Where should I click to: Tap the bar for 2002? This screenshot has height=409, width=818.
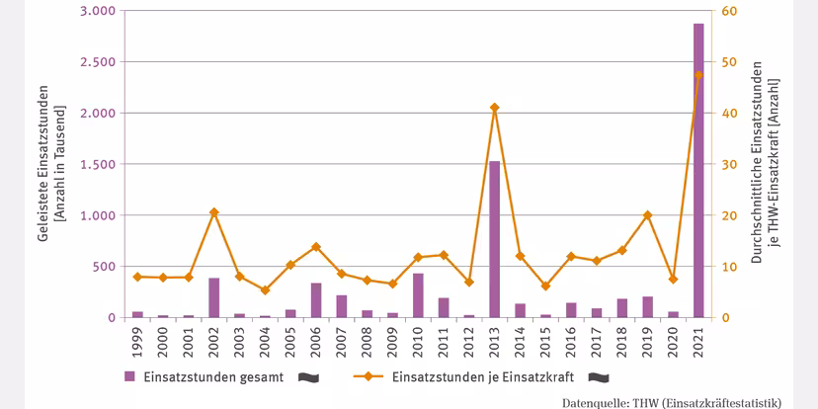(214, 297)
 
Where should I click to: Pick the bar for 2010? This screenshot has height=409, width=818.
(418, 295)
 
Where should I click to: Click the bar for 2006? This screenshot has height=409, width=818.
(316, 300)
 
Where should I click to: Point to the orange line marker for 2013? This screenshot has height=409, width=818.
(494, 108)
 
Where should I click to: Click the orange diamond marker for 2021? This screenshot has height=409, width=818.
(697, 75)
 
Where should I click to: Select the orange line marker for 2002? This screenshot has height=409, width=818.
(214, 212)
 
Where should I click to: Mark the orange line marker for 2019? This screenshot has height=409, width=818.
(647, 215)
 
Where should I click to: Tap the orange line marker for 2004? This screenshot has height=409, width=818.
(265, 290)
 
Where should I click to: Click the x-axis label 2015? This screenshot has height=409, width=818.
(545, 341)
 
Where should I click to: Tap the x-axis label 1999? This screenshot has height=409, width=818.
(138, 341)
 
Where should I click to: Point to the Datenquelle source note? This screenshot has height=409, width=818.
(671, 402)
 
